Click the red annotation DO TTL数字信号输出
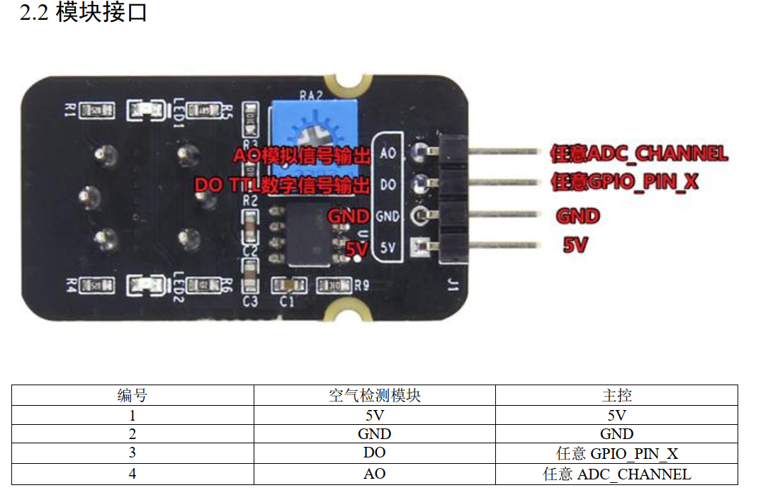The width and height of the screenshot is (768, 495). (x=282, y=186)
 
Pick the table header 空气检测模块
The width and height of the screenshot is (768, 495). (x=374, y=395)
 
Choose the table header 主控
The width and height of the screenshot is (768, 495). (x=616, y=395)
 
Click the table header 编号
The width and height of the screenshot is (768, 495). (x=132, y=395)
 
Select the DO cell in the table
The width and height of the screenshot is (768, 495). (x=374, y=453)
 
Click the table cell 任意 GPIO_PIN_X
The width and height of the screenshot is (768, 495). (x=616, y=453)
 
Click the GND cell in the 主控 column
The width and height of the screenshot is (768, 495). (x=616, y=433)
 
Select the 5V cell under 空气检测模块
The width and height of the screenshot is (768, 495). (x=374, y=415)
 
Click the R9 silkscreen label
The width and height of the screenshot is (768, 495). (x=362, y=286)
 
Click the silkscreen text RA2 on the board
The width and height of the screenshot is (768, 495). (x=310, y=94)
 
